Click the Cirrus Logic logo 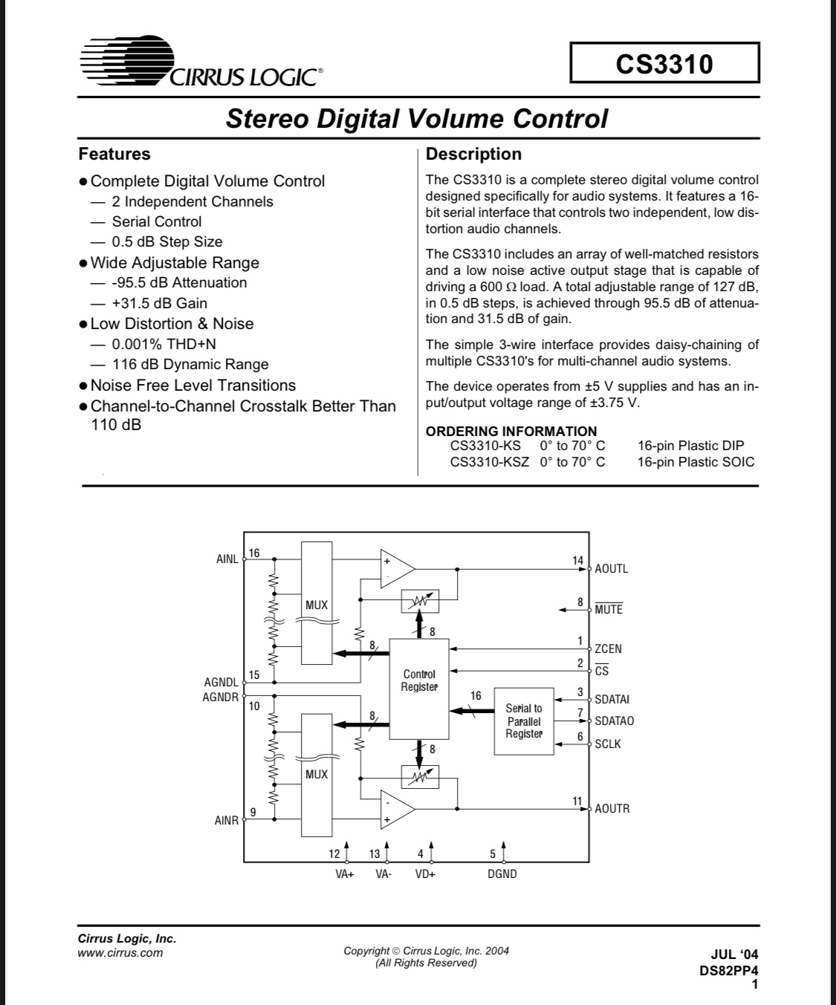(201, 62)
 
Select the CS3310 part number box (664, 63)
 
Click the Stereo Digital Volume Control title (416, 119)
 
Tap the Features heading (114, 154)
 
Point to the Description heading (474, 154)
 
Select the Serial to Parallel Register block (524, 721)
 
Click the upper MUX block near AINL (317, 603)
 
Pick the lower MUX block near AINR (317, 774)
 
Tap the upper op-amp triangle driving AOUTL (395, 570)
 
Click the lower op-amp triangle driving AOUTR (395, 808)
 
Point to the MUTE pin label (609, 610)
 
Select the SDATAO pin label (615, 721)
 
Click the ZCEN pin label (609, 648)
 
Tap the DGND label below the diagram (502, 874)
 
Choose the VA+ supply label (345, 874)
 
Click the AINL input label (227, 559)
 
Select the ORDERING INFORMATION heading (511, 431)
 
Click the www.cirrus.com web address (120, 953)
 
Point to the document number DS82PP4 (728, 970)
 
